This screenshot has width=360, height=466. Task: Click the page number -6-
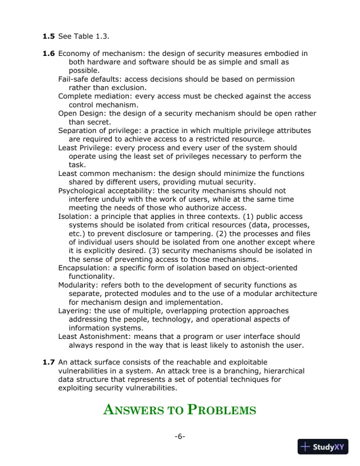tap(180, 436)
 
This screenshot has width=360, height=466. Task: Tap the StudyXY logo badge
tap(322, 447)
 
